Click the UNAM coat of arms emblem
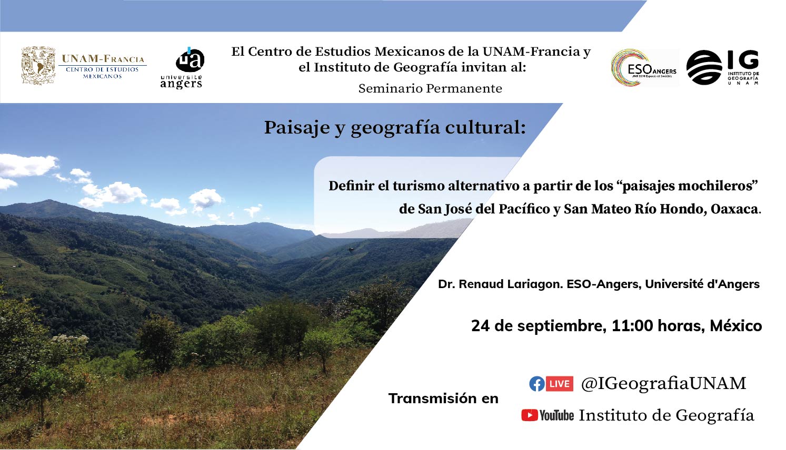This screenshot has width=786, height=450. pos(38,66)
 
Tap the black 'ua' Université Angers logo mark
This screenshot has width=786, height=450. pos(190,60)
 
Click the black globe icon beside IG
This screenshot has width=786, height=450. pos(704,67)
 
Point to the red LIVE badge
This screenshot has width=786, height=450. pos(559,384)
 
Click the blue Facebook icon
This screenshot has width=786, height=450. pos(537,384)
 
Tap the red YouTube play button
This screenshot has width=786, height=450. pos(530,415)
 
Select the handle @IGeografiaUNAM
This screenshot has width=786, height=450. pos(663,383)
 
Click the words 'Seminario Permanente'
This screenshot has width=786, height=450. pos(430,88)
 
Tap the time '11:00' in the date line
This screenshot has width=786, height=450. pos(632,326)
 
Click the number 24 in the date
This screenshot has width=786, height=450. pos(480,326)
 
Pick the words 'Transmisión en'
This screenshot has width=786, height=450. pos(443,398)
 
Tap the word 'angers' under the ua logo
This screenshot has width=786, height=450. pos(181,84)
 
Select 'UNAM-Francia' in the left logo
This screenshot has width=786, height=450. pos(103,58)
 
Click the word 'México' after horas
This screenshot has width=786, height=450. pos(736,326)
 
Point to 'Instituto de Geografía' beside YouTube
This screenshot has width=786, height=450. pos(666,415)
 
